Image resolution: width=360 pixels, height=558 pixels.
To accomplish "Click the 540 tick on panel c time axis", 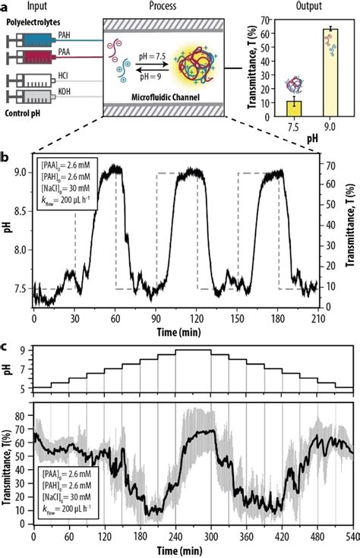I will click(352, 538).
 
